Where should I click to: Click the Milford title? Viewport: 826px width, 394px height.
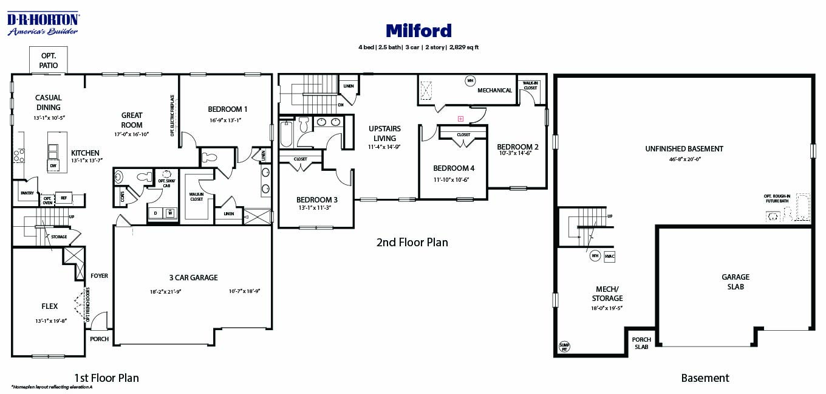click(x=418, y=30)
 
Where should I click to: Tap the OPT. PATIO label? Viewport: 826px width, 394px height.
click(x=49, y=60)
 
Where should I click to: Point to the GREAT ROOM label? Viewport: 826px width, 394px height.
click(x=132, y=120)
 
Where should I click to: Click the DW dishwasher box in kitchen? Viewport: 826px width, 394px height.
click(x=53, y=165)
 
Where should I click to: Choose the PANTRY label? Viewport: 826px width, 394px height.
click(x=27, y=193)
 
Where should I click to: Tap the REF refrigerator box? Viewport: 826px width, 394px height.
click(x=63, y=198)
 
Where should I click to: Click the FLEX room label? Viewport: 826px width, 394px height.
click(x=50, y=306)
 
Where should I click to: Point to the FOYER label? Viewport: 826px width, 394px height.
click(x=99, y=275)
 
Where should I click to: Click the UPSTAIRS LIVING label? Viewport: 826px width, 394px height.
click(x=385, y=133)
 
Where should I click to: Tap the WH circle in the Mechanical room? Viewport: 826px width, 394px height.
click(x=469, y=80)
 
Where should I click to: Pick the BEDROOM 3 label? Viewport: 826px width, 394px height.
click(x=316, y=199)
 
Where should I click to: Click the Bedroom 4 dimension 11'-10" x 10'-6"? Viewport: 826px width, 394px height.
click(x=451, y=179)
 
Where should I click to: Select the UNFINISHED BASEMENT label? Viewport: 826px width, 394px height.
click(x=684, y=148)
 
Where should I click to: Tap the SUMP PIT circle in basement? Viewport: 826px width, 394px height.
click(x=564, y=347)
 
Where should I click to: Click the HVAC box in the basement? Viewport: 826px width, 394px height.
click(x=610, y=256)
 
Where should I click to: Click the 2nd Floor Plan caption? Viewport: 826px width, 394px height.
click(x=412, y=243)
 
